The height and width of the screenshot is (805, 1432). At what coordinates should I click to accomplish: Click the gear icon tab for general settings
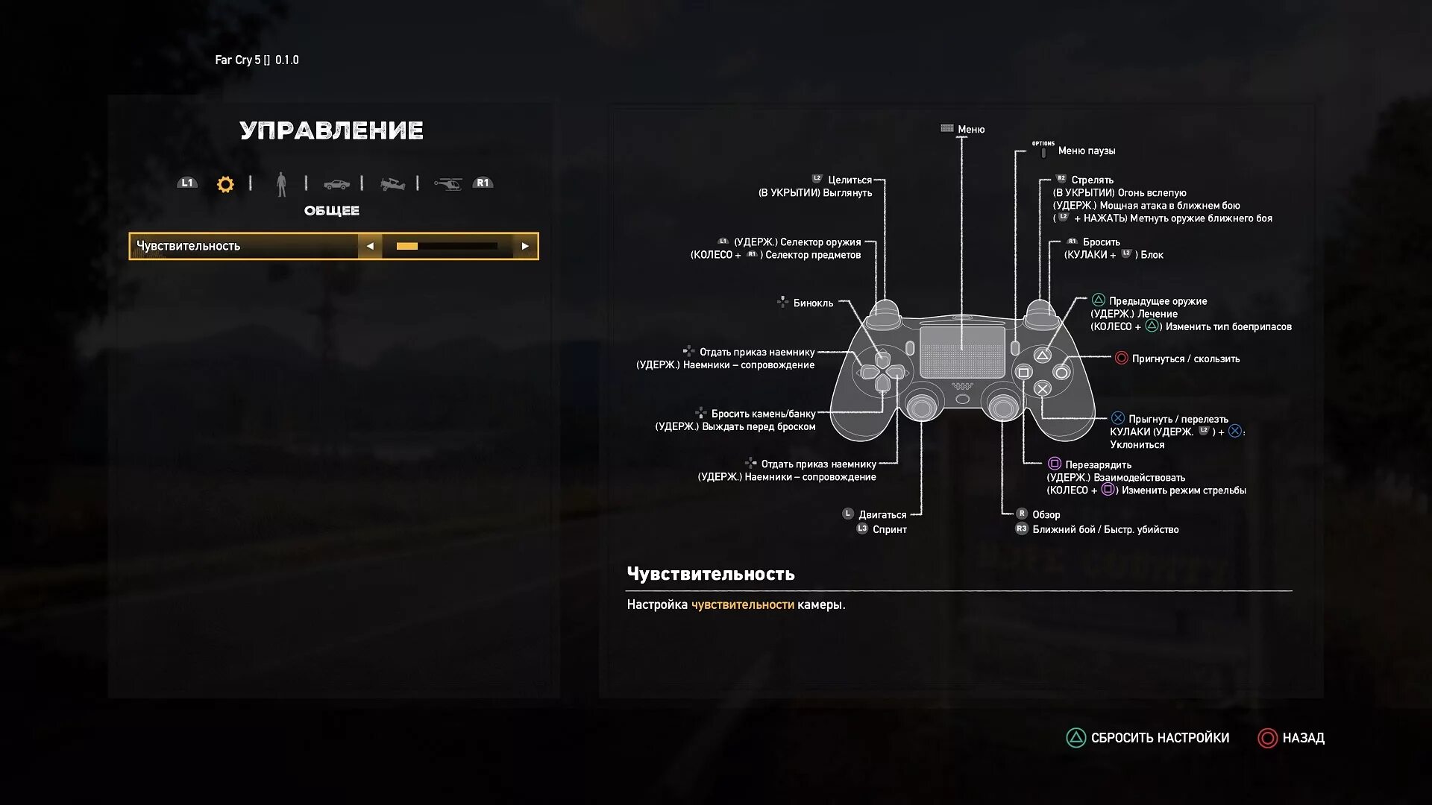(225, 184)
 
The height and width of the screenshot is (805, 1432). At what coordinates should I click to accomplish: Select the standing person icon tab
(281, 184)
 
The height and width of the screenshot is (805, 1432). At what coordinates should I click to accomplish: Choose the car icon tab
(336, 184)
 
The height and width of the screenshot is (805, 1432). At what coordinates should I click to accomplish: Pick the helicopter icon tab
(448, 184)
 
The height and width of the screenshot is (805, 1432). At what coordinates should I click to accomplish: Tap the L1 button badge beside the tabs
(187, 183)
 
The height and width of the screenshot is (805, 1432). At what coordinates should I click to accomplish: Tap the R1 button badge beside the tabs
(483, 183)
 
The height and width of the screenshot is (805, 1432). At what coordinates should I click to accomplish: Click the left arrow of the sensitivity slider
(370, 246)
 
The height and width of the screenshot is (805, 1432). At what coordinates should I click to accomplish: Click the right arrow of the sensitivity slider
(525, 246)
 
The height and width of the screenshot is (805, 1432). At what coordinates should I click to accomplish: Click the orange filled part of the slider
(406, 246)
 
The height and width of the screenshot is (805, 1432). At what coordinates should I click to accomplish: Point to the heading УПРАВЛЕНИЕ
(331, 130)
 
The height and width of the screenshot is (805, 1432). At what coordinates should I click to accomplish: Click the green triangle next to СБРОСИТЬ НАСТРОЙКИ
(1075, 738)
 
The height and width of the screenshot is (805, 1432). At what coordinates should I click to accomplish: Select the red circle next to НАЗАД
(1267, 738)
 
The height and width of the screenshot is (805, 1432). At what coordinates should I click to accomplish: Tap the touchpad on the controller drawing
(962, 351)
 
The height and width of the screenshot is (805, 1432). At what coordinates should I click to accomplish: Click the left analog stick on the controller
(923, 407)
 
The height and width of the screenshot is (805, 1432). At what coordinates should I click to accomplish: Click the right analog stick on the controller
(1002, 407)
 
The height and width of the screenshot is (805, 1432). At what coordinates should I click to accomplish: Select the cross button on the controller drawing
(1043, 388)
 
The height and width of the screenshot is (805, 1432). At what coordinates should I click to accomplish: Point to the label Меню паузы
(1086, 151)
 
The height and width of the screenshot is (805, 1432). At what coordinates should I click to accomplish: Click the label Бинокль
(813, 303)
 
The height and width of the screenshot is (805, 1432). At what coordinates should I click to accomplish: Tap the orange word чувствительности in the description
(742, 604)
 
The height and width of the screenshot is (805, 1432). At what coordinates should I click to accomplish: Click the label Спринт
(889, 529)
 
